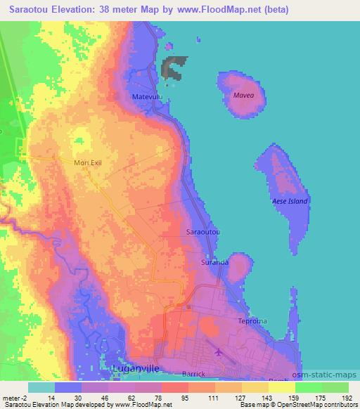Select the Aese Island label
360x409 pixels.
click(x=290, y=201)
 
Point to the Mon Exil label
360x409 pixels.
click(x=88, y=162)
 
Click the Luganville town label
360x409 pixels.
click(x=140, y=368)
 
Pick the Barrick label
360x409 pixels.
click(x=193, y=374)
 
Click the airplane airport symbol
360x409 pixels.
click(x=219, y=351)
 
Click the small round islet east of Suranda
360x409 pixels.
click(x=240, y=267)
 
